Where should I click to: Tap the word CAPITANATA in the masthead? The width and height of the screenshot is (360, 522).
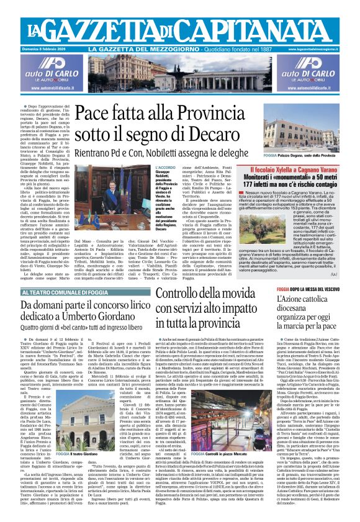tap(264, 26)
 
